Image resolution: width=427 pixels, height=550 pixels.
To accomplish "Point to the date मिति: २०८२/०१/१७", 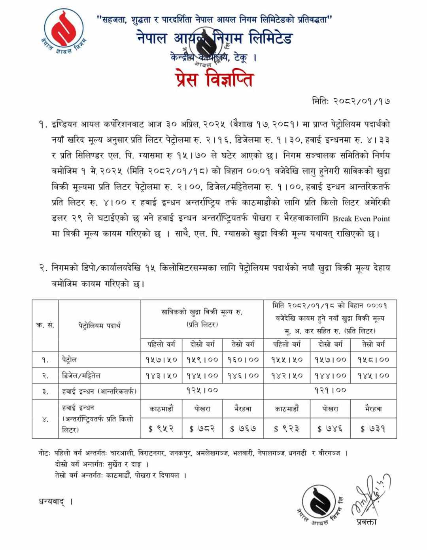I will (x=351, y=101).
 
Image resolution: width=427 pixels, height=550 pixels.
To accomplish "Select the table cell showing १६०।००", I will (x=243, y=360).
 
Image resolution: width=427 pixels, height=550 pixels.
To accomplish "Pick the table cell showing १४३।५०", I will (x=162, y=375).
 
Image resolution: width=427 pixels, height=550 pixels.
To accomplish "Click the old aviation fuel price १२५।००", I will (x=202, y=390).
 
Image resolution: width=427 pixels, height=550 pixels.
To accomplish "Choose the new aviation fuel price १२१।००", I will (x=330, y=390).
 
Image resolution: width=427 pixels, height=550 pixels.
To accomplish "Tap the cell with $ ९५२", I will (x=162, y=428).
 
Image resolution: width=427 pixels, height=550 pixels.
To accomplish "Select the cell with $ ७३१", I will (x=373, y=428).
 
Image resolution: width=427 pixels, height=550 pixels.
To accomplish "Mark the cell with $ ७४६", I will (x=330, y=428).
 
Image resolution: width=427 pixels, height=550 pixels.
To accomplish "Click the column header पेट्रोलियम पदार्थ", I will (x=99, y=325).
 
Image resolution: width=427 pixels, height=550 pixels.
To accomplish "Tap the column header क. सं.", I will (x=45, y=325).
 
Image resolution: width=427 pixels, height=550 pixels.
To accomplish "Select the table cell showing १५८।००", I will (x=373, y=360).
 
